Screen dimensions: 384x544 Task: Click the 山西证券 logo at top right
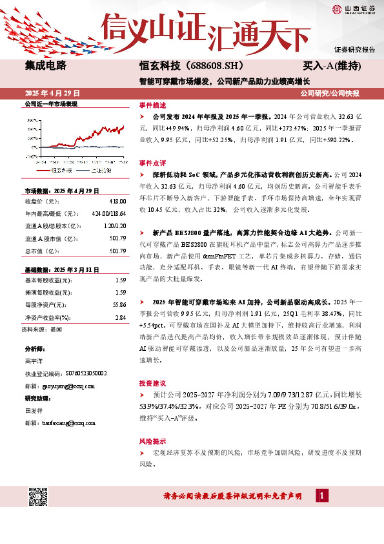click(x=353, y=9)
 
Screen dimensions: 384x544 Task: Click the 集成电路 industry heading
click(x=45, y=66)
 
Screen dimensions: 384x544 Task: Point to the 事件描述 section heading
click(x=152, y=105)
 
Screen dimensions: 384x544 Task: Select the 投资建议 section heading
click(x=152, y=382)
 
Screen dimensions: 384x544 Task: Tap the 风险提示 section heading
click(x=152, y=441)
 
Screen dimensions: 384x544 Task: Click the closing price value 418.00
click(x=116, y=202)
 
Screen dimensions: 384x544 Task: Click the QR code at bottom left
click(x=39, y=497)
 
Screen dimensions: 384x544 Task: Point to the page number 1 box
click(x=321, y=496)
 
